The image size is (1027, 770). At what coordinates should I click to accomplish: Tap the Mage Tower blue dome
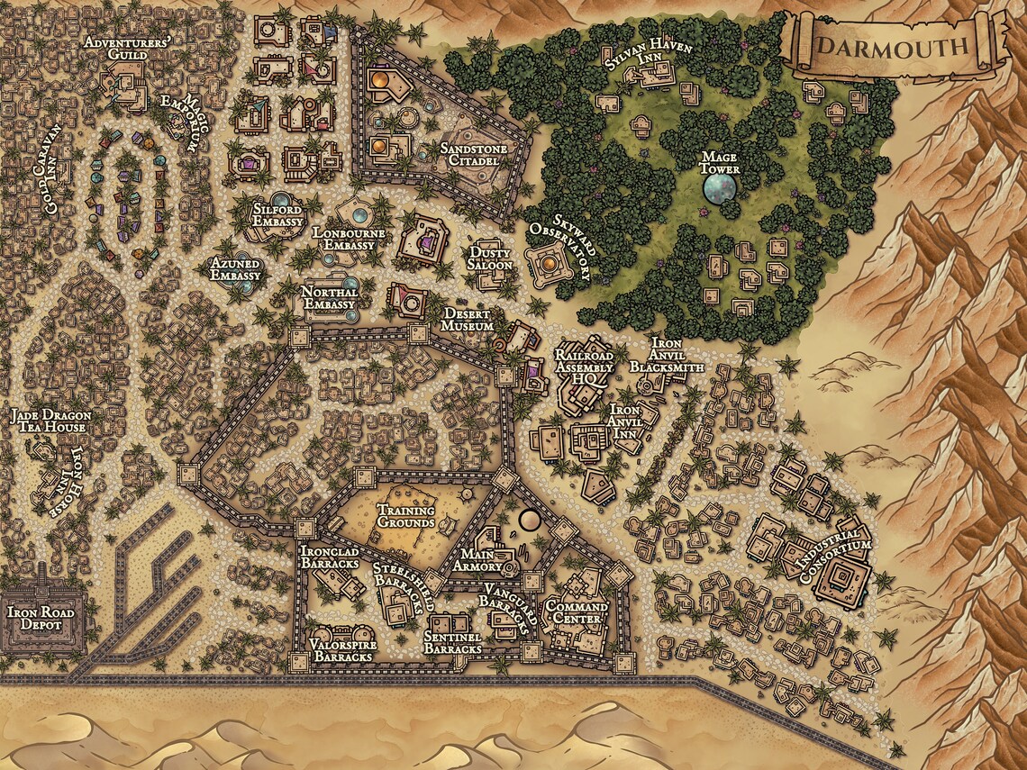[721, 188]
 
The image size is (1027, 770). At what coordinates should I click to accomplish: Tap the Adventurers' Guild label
[114, 50]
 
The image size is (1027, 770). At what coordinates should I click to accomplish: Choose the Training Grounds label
[405, 516]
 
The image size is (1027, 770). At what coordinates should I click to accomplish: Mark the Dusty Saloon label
[490, 259]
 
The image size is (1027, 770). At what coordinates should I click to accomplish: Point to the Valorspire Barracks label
[341, 650]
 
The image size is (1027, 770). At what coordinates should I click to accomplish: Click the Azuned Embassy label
[235, 269]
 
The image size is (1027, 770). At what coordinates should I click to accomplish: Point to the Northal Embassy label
[330, 298]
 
